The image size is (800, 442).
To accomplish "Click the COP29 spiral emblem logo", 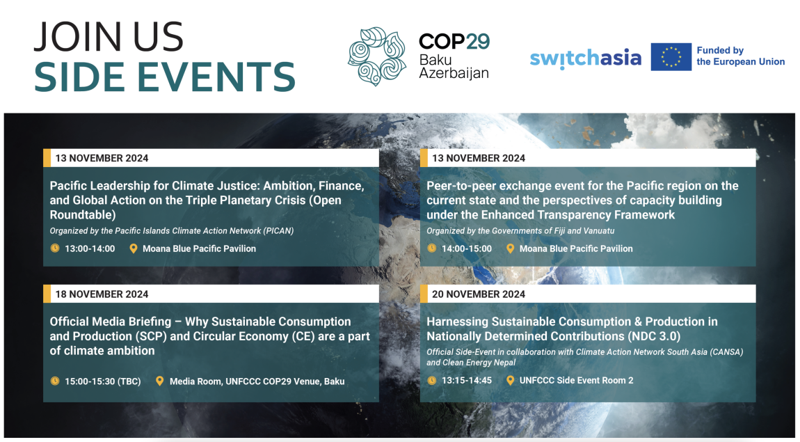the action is [x=376, y=56].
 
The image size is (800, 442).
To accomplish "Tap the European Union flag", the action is [x=671, y=56].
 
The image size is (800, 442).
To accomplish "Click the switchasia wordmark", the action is [x=585, y=58].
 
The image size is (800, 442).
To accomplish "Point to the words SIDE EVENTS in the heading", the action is [x=165, y=77].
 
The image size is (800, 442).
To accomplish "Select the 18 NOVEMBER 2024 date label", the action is [x=102, y=294].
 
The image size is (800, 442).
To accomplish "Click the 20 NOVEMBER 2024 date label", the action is [x=478, y=294].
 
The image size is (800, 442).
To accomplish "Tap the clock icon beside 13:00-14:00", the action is [x=54, y=248].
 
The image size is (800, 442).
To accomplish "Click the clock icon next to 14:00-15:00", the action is [x=431, y=248].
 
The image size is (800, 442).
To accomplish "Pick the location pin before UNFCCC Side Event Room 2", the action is [x=510, y=380].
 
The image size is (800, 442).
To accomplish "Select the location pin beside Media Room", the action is [x=160, y=381].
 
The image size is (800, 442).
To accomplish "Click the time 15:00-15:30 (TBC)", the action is [x=102, y=381].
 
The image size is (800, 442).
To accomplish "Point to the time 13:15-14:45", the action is [x=467, y=380].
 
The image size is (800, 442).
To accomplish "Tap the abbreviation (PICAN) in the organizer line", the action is [x=278, y=230].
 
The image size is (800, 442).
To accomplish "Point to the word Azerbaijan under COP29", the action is [x=454, y=73].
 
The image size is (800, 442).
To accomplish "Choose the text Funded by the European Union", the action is [x=740, y=56].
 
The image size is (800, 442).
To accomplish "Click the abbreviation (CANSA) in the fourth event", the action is [x=725, y=352].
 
